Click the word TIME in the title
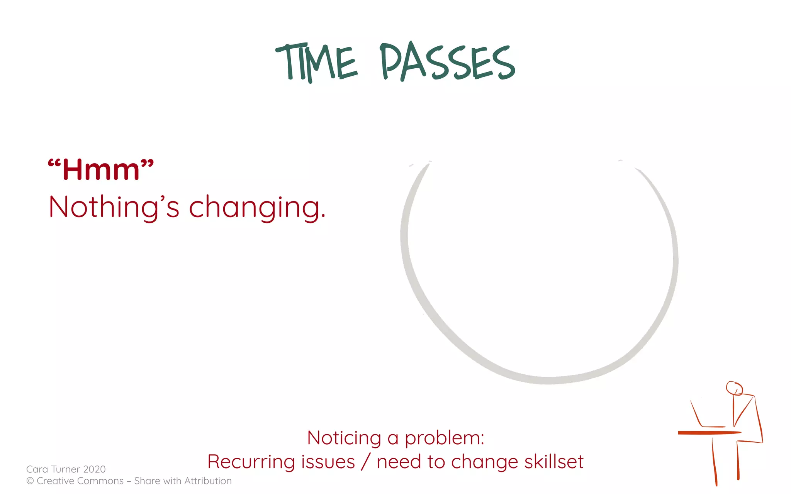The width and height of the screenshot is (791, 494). coord(317,63)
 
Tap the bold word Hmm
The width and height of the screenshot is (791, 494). coord(101,170)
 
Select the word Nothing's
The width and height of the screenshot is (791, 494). coord(114,207)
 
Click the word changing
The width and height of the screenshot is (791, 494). coord(257,207)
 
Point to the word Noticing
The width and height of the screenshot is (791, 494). coord(344,438)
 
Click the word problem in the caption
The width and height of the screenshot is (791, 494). coord(444,438)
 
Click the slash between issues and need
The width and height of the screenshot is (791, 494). coord(365,462)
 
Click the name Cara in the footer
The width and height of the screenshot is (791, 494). coord(37,469)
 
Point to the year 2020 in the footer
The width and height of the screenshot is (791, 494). coord(94,469)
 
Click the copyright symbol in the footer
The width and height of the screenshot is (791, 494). coord(30,481)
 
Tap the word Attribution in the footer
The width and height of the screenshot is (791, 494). coord(208,481)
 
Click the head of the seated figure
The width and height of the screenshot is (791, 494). coord(734,388)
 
